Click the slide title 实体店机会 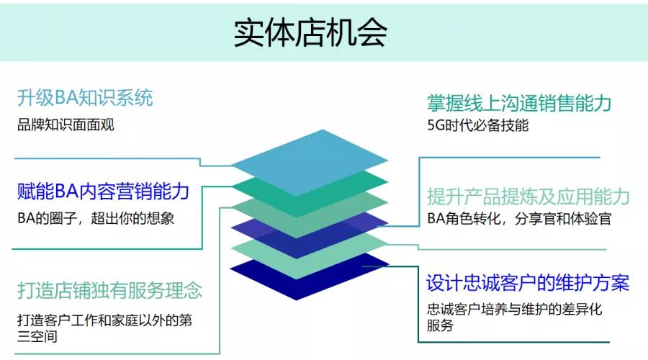[310, 32]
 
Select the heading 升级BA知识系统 [85, 98]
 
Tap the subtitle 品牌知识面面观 [66, 125]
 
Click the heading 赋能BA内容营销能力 [103, 191]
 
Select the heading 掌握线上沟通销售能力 [518, 103]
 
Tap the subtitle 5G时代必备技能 [477, 125]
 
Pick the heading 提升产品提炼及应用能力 [528, 196]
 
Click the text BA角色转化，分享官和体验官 [518, 219]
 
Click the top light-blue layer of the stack [310, 163]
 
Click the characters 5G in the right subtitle [435, 125]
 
